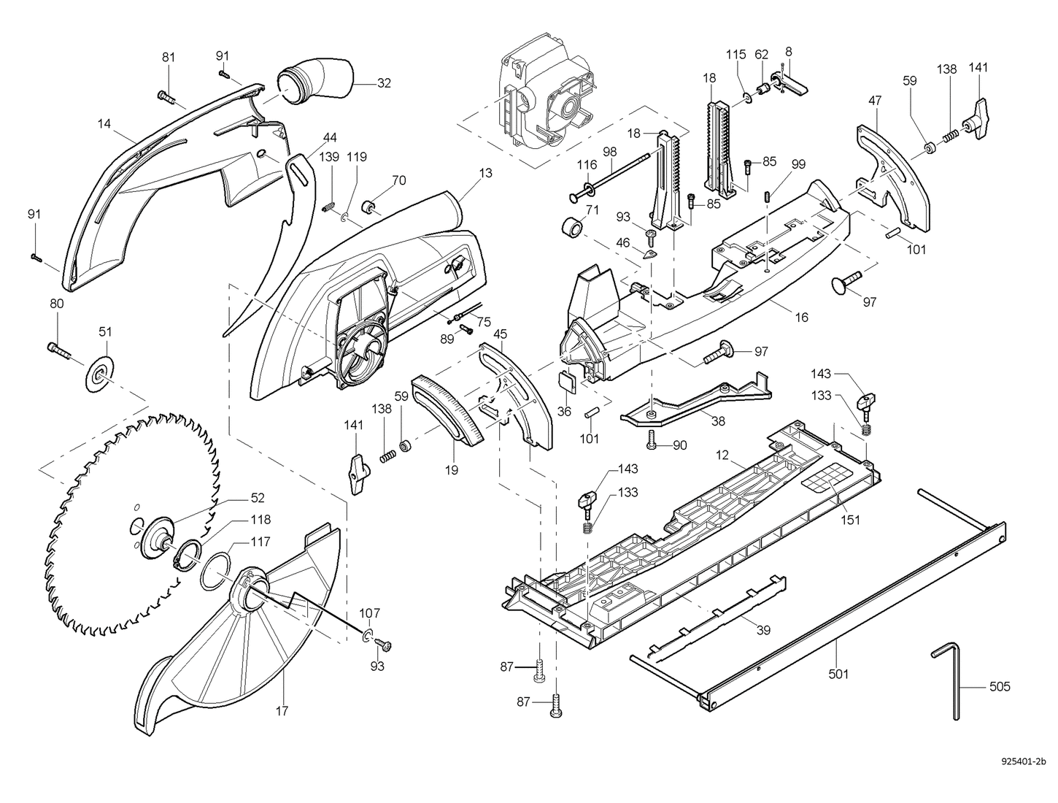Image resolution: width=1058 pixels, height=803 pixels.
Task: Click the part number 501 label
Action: tap(839, 674)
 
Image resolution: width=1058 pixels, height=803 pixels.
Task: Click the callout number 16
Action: tap(801, 317)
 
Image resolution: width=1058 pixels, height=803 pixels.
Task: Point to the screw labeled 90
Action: tap(652, 440)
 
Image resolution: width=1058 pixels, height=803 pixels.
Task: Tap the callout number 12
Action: tap(722, 456)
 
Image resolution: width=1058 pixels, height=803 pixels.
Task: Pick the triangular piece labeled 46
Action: tap(649, 253)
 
